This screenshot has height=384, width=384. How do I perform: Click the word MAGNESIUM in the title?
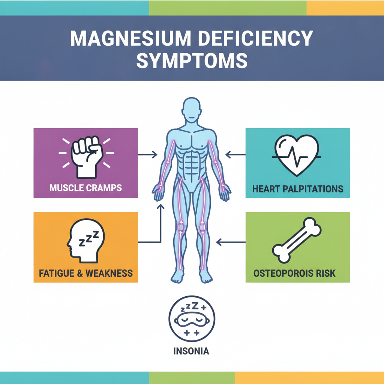pyautogui.click(x=130, y=39)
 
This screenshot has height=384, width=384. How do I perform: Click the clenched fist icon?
pyautogui.click(x=87, y=157)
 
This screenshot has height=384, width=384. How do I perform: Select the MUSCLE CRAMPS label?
pyautogui.click(x=85, y=188)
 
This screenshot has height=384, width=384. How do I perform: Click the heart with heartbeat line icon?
pyautogui.click(x=297, y=155)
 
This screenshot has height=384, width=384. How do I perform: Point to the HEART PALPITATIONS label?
pyautogui.click(x=297, y=189)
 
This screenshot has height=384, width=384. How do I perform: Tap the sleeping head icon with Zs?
pyautogui.click(x=85, y=241)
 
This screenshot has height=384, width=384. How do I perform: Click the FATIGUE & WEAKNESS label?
pyautogui.click(x=86, y=273)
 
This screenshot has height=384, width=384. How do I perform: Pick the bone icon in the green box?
pyautogui.click(x=297, y=240)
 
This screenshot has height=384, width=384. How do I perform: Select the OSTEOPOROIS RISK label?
pyautogui.click(x=294, y=273)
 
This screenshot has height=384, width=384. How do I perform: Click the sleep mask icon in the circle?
pyautogui.click(x=192, y=318)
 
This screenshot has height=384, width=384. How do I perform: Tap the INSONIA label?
pyautogui.click(x=191, y=351)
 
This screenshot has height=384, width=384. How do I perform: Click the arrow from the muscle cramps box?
pyautogui.click(x=147, y=154)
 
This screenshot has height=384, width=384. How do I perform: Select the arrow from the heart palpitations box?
pyautogui.click(x=235, y=154)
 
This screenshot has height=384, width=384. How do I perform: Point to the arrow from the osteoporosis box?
pyautogui.click(x=231, y=242)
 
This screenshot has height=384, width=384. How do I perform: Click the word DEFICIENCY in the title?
pyautogui.click(x=255, y=39)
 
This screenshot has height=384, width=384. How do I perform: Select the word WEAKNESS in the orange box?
pyautogui.click(x=109, y=273)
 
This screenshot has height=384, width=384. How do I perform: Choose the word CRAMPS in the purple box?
pyautogui.click(x=104, y=188)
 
